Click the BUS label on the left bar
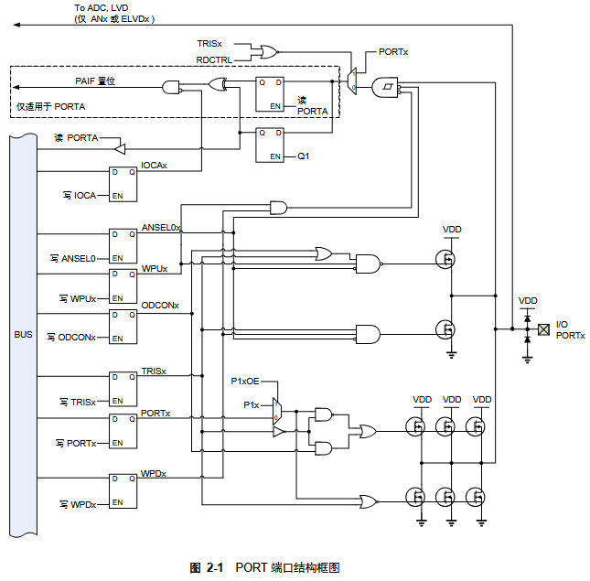(x=23, y=334)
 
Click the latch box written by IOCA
(x=123, y=185)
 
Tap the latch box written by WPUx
(x=123, y=285)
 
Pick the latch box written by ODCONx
(x=123, y=325)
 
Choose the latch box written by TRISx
(x=123, y=388)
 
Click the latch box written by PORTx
(x=123, y=430)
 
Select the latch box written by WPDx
(x=123, y=491)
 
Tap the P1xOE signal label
(x=245, y=380)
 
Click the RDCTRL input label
(x=214, y=59)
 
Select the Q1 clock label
(x=305, y=156)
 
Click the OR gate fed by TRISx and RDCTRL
(x=270, y=52)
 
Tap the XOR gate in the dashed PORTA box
(x=218, y=86)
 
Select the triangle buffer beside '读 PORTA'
(x=118, y=146)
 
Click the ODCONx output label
(x=160, y=305)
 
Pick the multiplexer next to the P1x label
(x=279, y=411)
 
